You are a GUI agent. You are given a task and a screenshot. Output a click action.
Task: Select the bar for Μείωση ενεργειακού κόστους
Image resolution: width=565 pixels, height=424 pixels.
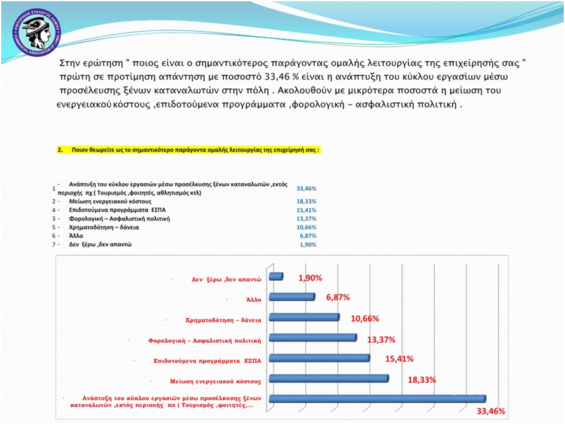tap(328, 379)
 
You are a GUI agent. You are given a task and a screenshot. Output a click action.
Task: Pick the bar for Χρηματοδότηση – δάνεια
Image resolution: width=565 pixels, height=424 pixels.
tap(303, 318)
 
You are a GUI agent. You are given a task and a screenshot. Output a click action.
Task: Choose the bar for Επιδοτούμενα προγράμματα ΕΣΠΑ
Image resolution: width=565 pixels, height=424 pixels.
tap(318, 359)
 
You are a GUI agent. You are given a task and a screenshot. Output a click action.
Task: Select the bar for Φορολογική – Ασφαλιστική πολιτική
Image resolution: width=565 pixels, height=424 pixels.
tap(312, 338)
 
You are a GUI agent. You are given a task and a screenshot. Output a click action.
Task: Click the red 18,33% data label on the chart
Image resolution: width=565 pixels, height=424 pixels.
tap(422, 380)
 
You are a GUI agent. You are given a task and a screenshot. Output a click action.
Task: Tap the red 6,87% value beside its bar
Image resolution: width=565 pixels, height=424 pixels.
tap(337, 298)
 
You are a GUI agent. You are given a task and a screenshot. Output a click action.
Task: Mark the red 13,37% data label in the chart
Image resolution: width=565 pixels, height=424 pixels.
tap(381, 339)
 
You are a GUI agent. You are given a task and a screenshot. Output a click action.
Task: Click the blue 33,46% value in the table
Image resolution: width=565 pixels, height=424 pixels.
tap(306, 188)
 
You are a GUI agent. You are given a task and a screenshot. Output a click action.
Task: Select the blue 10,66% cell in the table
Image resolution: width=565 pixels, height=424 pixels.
tap(306, 228)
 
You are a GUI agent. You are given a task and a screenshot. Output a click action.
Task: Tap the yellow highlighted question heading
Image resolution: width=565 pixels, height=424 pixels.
tap(188, 151)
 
